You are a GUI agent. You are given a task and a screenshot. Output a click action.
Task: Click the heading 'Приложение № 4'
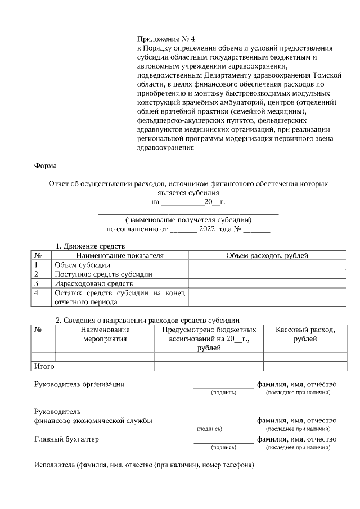point(165,39)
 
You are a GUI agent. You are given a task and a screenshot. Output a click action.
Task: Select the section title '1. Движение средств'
point(89,246)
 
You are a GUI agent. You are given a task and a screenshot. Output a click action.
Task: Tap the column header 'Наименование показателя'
point(120,255)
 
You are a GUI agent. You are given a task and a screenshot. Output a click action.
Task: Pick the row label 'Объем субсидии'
point(82,265)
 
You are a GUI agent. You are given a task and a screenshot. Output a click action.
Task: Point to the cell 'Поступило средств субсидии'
point(103,274)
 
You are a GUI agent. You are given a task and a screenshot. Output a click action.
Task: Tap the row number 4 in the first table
point(37,293)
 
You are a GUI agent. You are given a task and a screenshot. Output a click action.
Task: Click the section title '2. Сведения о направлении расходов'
point(147,320)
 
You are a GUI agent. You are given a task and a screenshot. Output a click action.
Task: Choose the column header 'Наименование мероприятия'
point(105,334)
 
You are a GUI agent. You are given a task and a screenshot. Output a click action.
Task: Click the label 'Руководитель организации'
point(79,384)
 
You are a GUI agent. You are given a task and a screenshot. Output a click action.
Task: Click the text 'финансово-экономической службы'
point(93,420)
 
